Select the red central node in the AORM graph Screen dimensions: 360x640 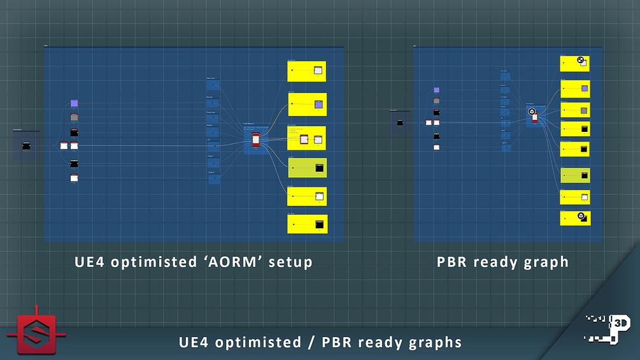tap(256, 139)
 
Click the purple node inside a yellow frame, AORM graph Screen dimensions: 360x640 tap(318, 104)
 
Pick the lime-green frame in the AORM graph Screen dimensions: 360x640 tap(307, 168)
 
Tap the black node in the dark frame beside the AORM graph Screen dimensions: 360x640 tap(26, 146)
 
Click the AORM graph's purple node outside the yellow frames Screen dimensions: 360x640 tap(74, 103)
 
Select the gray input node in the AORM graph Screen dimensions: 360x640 tap(74, 117)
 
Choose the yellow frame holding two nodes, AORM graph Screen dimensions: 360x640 tap(307, 138)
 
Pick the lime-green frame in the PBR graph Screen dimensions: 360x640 tap(575, 175)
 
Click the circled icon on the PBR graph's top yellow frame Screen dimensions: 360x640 tap(580, 61)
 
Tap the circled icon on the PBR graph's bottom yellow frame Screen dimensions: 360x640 tap(581, 216)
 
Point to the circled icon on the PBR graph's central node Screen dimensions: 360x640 tap(532, 112)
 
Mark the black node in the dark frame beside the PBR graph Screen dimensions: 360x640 tap(400, 122)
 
